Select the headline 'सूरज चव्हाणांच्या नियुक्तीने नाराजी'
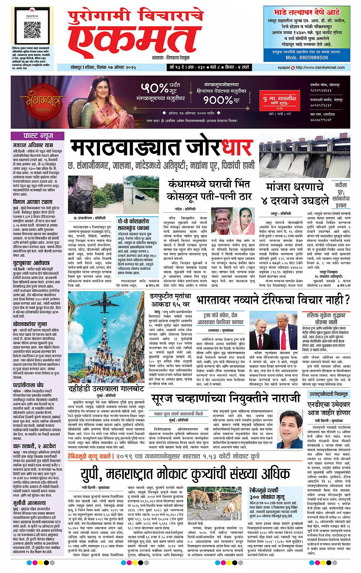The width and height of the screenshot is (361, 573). tap(225, 399)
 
